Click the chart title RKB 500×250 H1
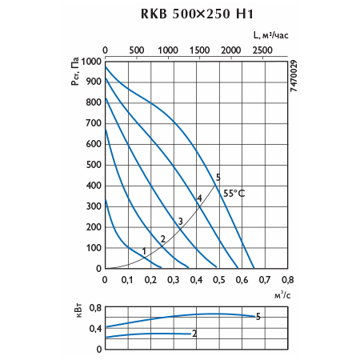(x=197, y=14)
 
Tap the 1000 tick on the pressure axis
(x=91, y=62)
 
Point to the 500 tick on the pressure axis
(x=94, y=165)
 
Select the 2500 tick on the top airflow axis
(x=262, y=50)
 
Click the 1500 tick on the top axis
(x=199, y=50)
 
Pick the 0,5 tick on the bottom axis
(x=219, y=280)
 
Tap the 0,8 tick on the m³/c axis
(x=287, y=280)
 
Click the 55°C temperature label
(x=234, y=194)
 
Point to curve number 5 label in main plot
(x=218, y=178)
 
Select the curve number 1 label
(x=144, y=251)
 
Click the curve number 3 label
(x=181, y=221)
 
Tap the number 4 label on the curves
(x=199, y=198)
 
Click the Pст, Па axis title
(x=75, y=71)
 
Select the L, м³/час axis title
(x=270, y=35)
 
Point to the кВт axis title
(x=79, y=311)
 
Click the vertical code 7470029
(x=294, y=76)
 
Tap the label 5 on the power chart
(x=258, y=317)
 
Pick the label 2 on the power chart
(x=194, y=334)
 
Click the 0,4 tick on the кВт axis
(x=95, y=329)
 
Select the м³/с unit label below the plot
(x=282, y=295)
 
